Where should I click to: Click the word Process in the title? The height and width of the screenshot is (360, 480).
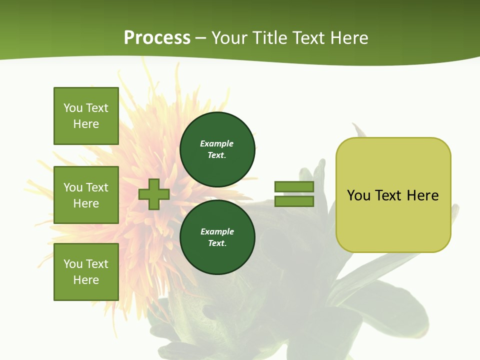(157, 38)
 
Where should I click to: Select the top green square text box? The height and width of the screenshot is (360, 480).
(86, 116)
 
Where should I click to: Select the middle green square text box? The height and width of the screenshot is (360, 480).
(86, 195)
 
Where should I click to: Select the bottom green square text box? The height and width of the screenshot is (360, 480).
(86, 272)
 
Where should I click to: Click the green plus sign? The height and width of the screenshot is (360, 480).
(154, 194)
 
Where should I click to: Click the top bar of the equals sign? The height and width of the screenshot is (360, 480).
(294, 187)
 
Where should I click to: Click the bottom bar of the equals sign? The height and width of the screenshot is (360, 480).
(294, 201)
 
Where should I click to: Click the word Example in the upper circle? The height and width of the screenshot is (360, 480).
(217, 143)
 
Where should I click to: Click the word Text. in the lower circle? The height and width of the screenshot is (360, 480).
(217, 243)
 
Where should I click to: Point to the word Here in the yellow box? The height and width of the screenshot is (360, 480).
(422, 195)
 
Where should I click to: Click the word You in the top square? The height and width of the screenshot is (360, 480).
(73, 108)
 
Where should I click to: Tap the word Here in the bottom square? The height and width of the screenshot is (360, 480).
(86, 280)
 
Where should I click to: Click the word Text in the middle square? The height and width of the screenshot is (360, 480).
(97, 187)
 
